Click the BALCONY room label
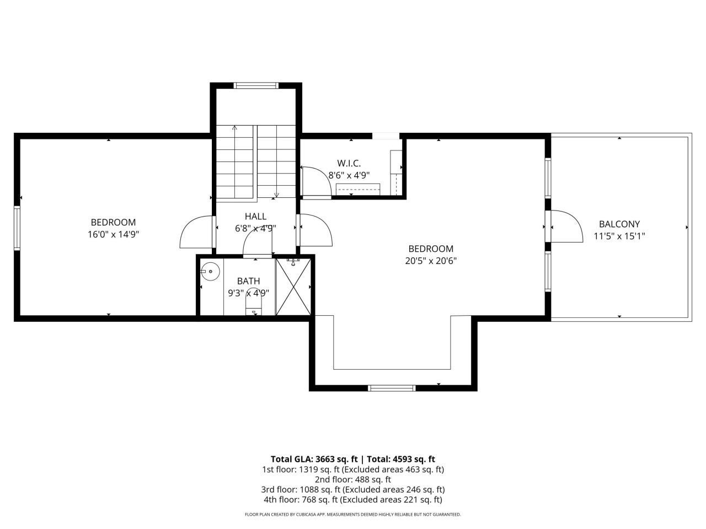click(x=619, y=224)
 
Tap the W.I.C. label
click(x=349, y=163)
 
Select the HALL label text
click(x=255, y=217)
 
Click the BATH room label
click(x=248, y=281)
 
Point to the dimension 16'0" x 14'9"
click(x=113, y=234)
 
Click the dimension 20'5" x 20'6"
click(x=431, y=261)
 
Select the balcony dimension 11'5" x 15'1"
click(x=619, y=236)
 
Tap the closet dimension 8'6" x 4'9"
click(x=349, y=175)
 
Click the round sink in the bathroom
click(x=210, y=272)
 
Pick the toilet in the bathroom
click(x=254, y=301)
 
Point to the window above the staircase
click(x=255, y=85)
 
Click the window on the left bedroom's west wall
click(x=17, y=228)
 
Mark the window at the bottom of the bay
click(x=392, y=388)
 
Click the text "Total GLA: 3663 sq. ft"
click(x=314, y=458)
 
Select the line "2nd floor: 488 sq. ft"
click(x=353, y=479)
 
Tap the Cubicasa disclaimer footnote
click(x=353, y=515)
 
